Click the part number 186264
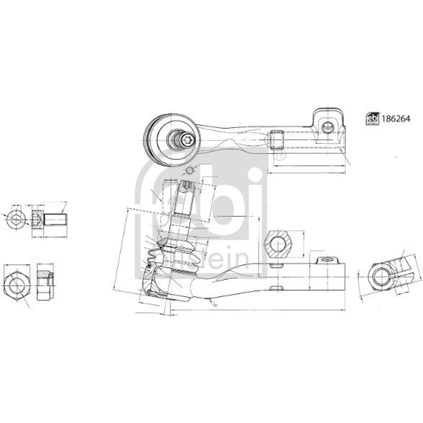click(396, 119)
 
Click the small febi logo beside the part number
click(372, 119)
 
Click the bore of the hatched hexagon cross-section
click(278, 244)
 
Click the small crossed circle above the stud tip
click(190, 171)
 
